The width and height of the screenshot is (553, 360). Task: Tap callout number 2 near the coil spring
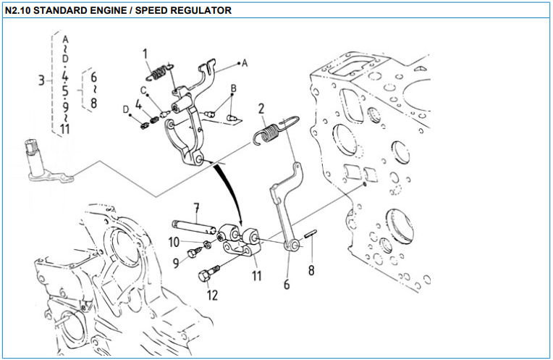(261, 109)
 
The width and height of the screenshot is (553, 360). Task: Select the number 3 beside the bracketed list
(42, 80)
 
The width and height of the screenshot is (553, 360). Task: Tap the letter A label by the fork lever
(245, 63)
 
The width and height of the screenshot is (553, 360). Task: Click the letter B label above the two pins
(233, 88)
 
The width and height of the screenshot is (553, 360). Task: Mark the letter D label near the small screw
(126, 109)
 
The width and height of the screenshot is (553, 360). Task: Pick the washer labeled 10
(208, 244)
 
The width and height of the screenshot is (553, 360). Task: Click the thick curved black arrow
(229, 190)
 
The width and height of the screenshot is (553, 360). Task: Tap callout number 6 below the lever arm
(287, 285)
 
